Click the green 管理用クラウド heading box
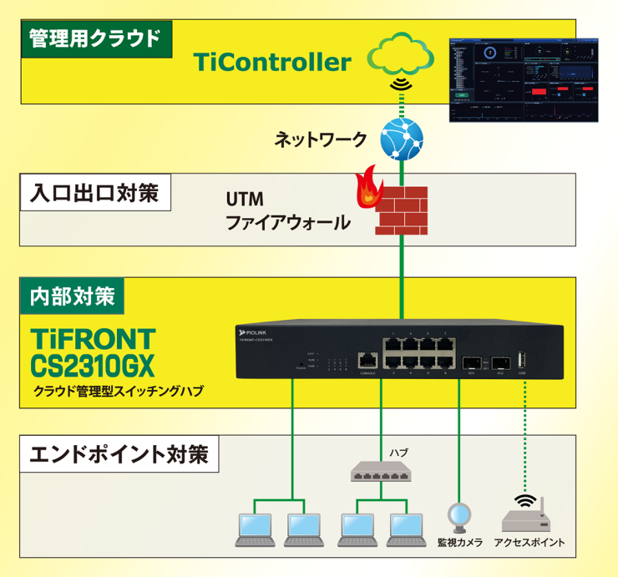click(94, 39)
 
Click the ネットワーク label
click(320, 139)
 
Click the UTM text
click(245, 200)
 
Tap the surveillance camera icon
click(458, 517)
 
